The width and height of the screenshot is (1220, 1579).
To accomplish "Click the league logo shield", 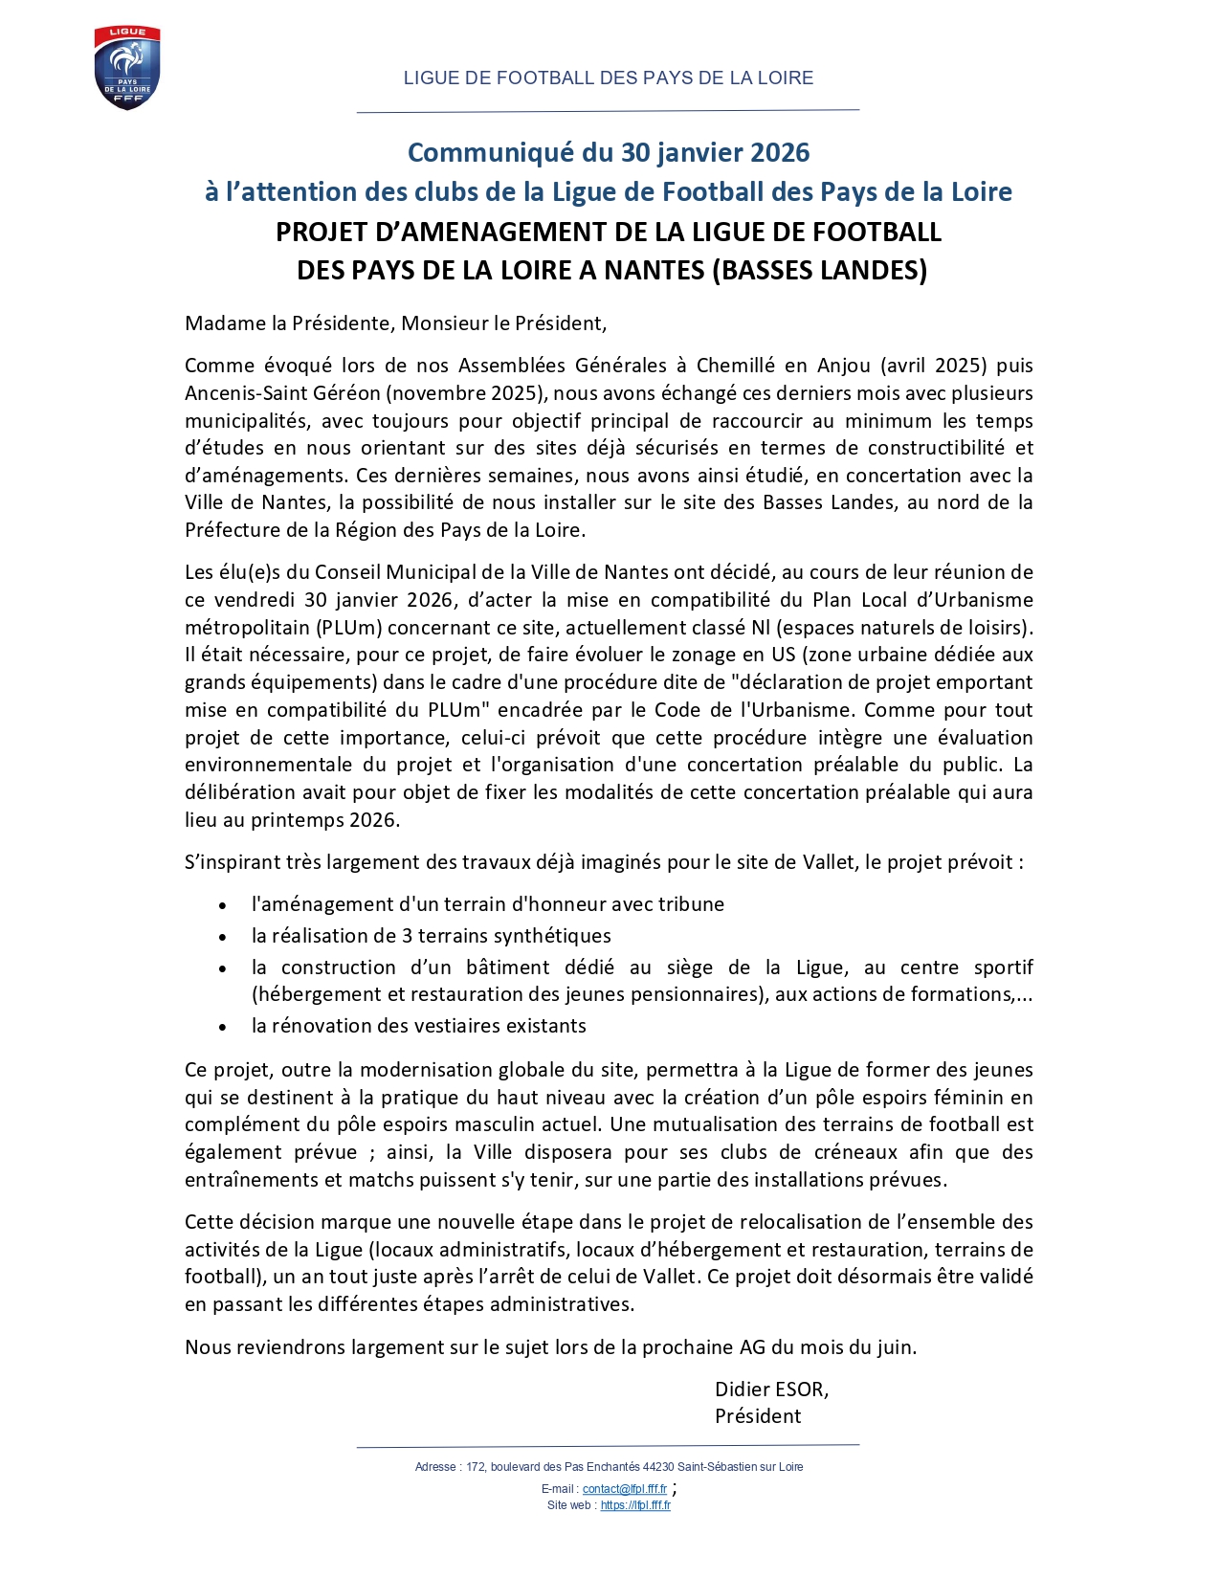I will coord(127,68).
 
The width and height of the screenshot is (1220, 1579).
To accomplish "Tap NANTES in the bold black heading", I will coord(654,271).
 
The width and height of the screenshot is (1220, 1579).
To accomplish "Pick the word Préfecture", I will coord(231,530).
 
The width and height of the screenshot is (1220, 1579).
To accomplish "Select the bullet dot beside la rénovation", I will coord(222,1027).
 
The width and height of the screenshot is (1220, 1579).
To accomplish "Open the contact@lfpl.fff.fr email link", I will coord(624,1489).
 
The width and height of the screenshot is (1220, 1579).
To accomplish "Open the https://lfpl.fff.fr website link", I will coord(635,1505).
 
